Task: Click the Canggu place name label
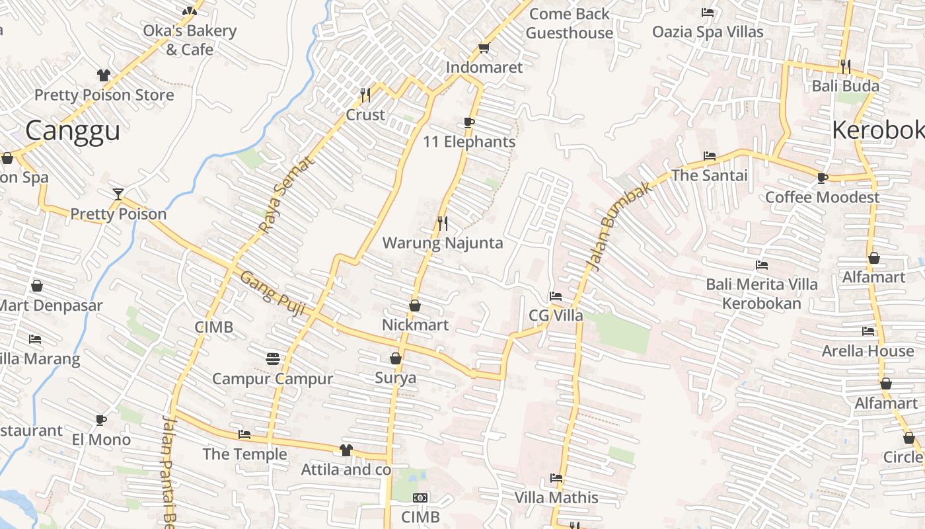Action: coord(73,130)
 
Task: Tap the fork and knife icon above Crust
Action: coord(365,95)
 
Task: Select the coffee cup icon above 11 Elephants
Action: coord(469,122)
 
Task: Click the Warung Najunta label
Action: coord(443,243)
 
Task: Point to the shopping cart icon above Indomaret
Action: coord(484,48)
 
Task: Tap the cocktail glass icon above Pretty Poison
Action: coord(118,194)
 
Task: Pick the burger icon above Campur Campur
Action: coord(273,359)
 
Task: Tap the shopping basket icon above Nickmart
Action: coord(415,305)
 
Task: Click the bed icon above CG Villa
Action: coord(556,296)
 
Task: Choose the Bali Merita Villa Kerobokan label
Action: coord(762,294)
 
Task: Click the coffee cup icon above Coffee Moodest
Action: coord(822,178)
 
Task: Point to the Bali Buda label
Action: coord(846,86)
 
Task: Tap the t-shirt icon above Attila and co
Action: coord(346,450)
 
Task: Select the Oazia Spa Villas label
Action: coord(708,32)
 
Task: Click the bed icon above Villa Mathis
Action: coord(556,478)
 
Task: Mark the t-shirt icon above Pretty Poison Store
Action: coord(104,75)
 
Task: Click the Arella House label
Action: coord(868,350)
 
